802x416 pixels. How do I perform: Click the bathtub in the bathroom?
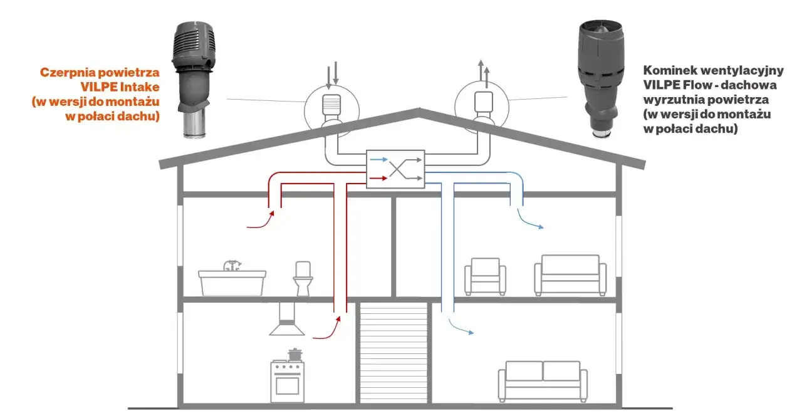(x=232, y=281)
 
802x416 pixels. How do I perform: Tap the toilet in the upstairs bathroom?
(x=303, y=279)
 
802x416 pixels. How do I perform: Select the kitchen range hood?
(x=287, y=320)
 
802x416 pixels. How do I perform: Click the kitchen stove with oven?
(x=288, y=381)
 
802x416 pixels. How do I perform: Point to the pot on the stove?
(x=295, y=355)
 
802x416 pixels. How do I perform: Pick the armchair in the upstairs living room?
(x=485, y=276)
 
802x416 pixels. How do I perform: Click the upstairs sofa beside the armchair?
(x=570, y=275)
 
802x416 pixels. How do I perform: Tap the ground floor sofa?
(x=543, y=382)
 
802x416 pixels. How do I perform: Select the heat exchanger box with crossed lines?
(x=395, y=169)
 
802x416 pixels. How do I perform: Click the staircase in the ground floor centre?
(x=393, y=353)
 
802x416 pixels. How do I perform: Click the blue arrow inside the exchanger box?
(x=379, y=159)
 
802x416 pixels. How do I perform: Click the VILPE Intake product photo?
(x=194, y=79)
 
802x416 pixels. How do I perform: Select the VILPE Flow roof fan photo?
(x=600, y=78)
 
